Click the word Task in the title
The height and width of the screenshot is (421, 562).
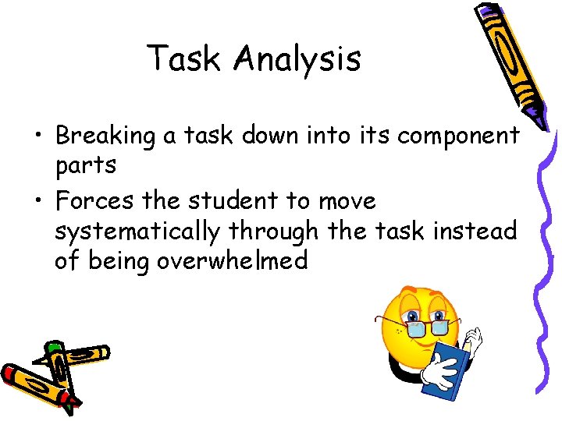click(x=183, y=58)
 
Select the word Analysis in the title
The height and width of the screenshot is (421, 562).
click(x=297, y=59)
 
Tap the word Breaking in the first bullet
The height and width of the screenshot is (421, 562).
click(x=105, y=136)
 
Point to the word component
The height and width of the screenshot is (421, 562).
click(x=458, y=136)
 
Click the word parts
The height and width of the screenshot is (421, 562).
click(x=86, y=165)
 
